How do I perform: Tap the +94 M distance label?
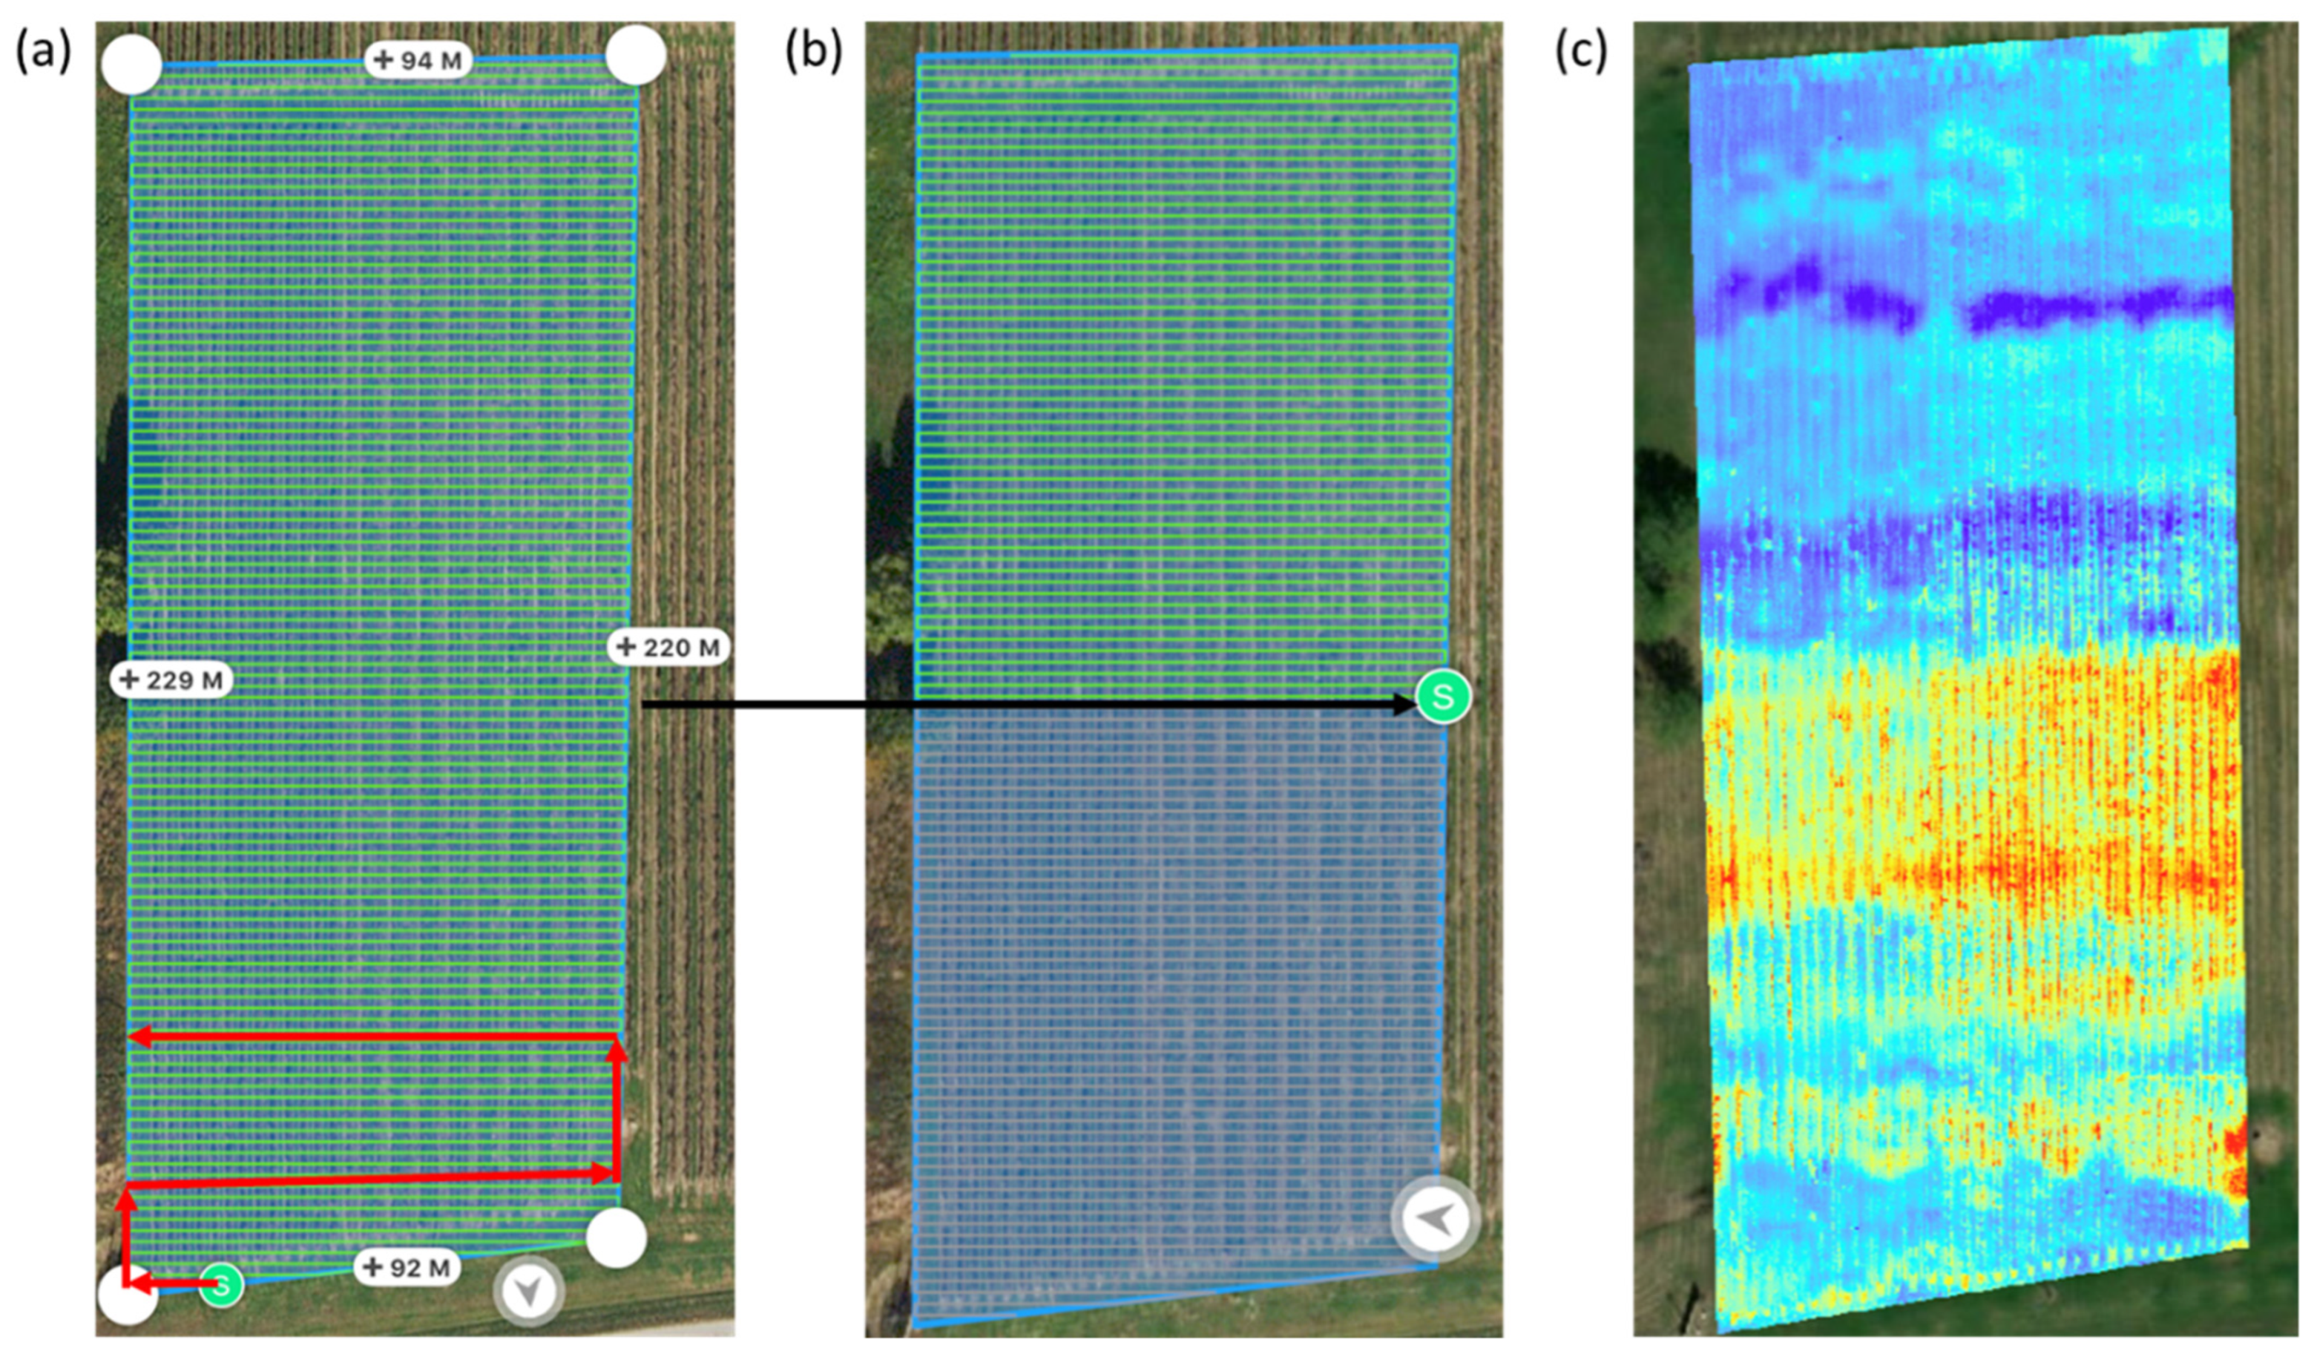418,61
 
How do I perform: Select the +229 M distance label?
171,680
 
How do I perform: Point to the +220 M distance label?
668,648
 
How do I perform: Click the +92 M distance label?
407,1268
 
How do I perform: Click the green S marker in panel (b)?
1442,696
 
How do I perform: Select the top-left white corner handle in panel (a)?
131,65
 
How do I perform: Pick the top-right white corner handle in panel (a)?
635,55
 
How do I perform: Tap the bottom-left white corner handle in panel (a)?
128,1295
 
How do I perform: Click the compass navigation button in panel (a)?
528,1292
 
